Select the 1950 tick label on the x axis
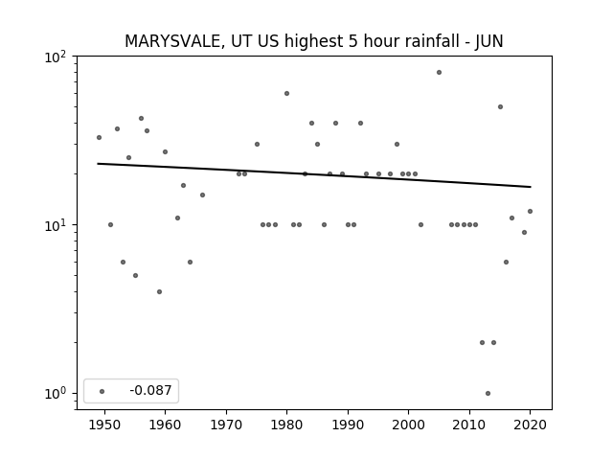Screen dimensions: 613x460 point(104,425)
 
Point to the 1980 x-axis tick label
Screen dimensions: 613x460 point(286,425)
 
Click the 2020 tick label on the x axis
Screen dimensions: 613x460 point(530,425)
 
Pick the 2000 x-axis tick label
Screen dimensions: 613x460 point(409,425)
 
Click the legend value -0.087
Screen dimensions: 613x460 point(150,390)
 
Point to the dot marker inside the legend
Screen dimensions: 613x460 point(102,391)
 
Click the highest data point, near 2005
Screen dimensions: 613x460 point(439,73)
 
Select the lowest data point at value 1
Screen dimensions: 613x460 point(488,393)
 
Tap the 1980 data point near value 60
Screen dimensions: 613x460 point(286,94)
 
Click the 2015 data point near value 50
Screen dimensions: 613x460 point(500,106)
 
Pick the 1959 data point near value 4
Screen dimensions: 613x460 point(159,291)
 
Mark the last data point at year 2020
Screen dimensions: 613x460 point(530,211)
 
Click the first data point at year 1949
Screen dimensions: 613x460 point(99,137)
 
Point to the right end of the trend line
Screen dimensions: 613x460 point(531,187)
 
